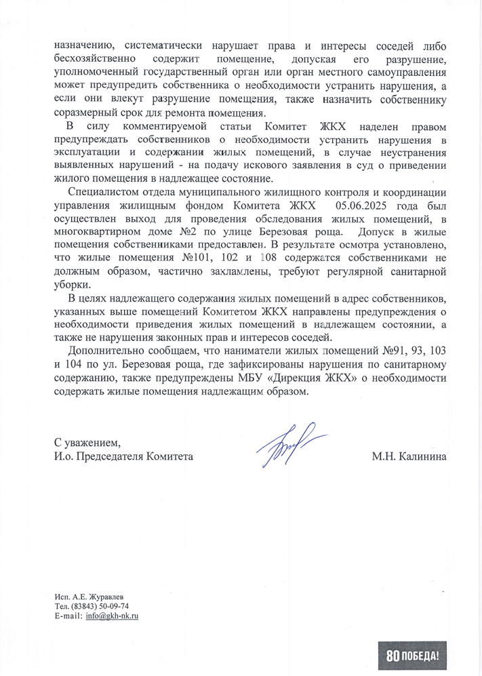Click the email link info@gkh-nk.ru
[x=112, y=616]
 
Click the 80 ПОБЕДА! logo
[x=414, y=655]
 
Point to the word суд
[x=354, y=165]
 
